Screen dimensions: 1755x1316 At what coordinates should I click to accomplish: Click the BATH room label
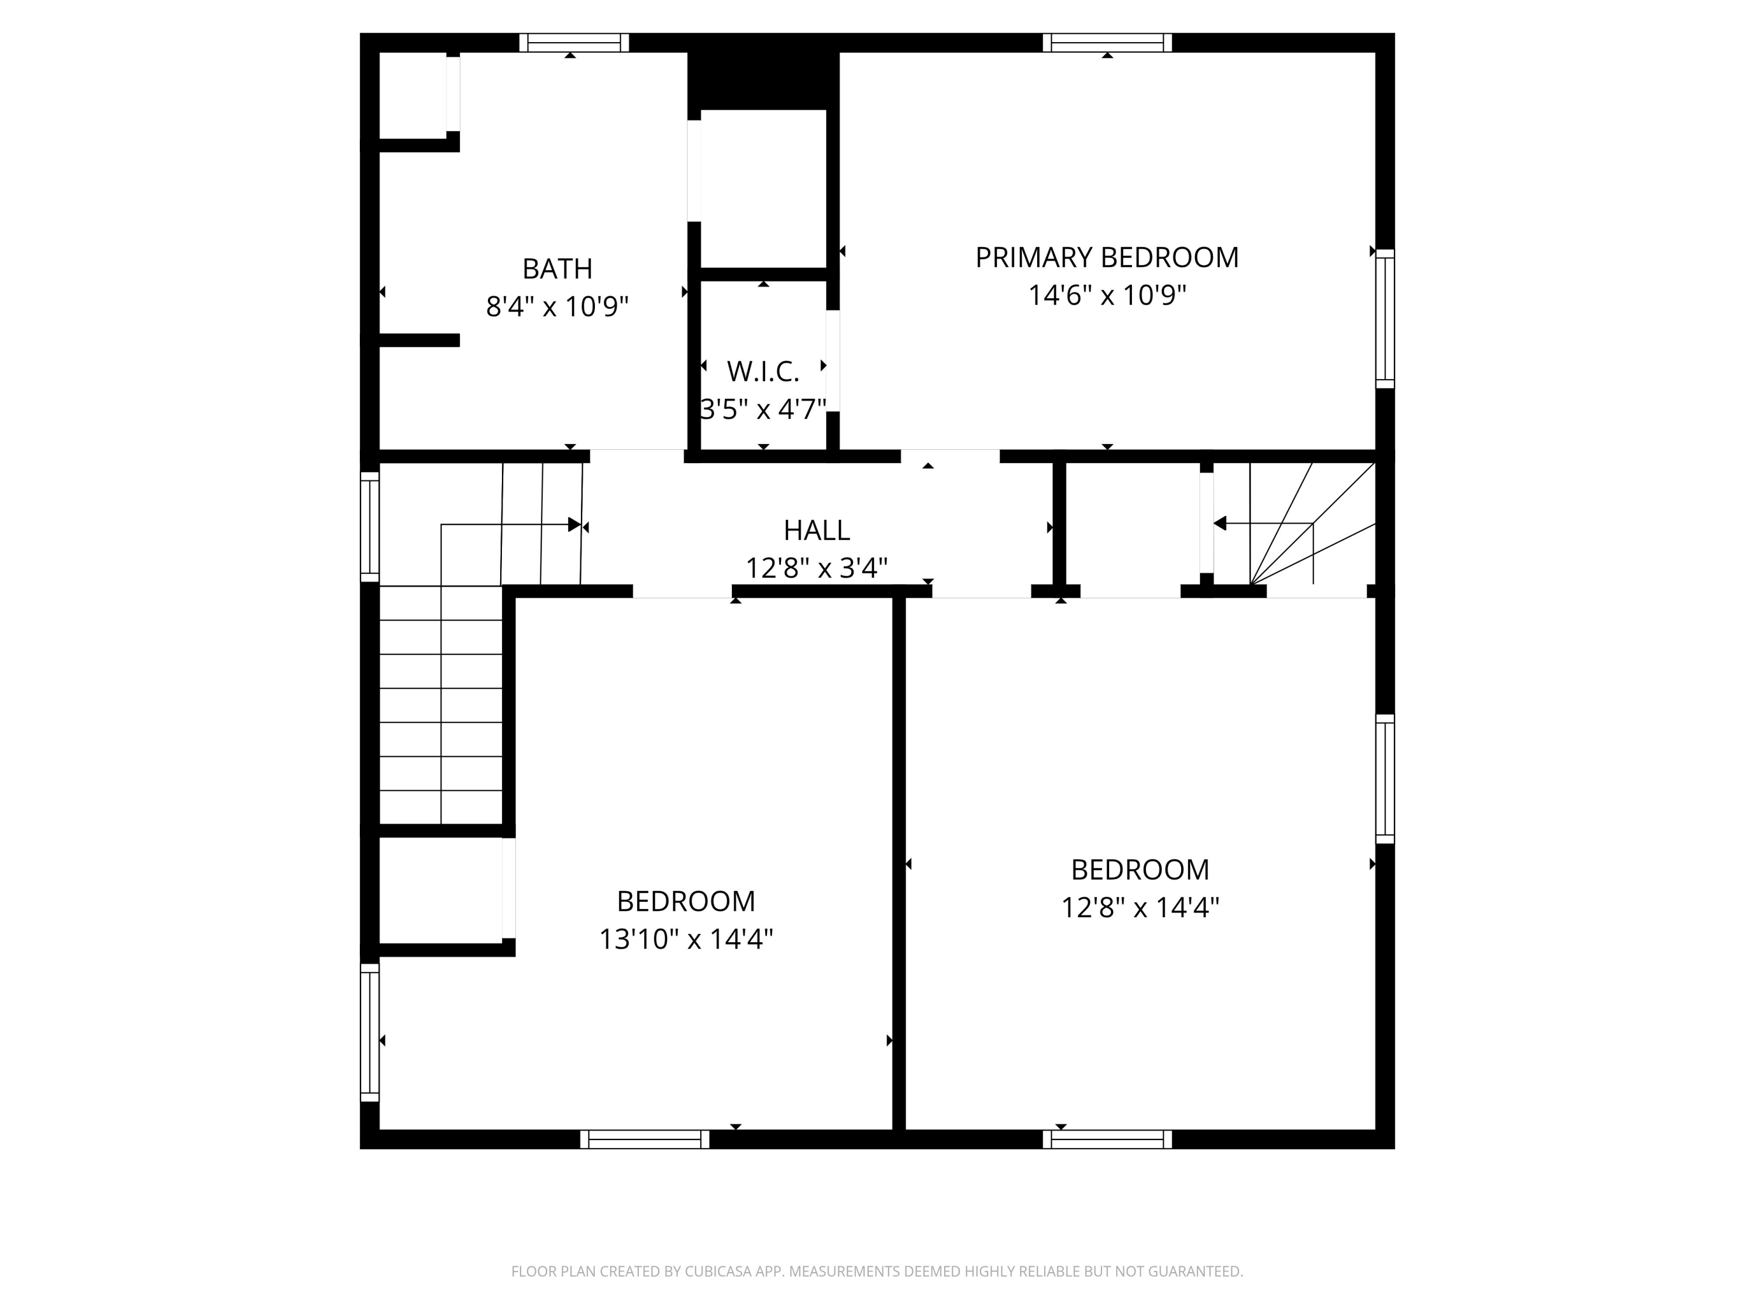[557, 269]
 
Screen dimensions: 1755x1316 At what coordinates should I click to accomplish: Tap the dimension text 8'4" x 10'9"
[557, 306]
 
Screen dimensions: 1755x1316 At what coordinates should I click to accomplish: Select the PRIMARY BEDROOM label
[1107, 258]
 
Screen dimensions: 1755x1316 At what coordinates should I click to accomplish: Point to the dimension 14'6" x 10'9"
[1107, 295]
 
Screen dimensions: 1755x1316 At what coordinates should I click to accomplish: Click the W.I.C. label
[763, 371]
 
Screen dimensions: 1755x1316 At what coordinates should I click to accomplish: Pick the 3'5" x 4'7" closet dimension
[763, 409]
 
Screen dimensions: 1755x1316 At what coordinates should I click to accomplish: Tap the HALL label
[817, 530]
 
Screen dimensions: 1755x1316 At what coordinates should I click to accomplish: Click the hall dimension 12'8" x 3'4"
[817, 568]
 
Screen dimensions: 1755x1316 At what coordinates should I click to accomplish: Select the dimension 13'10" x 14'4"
[686, 939]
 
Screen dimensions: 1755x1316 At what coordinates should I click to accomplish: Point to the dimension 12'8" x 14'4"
[1140, 908]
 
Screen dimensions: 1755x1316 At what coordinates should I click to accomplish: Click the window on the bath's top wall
[574, 43]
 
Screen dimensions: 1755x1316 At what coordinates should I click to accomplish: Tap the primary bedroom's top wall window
[1107, 43]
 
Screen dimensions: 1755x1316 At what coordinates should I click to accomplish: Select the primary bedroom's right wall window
[1385, 319]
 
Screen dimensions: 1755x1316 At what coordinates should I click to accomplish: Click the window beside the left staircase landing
[370, 528]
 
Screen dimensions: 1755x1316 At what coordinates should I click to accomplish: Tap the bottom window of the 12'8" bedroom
[1107, 1139]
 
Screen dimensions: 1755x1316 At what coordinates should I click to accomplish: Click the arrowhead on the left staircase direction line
[575, 524]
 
